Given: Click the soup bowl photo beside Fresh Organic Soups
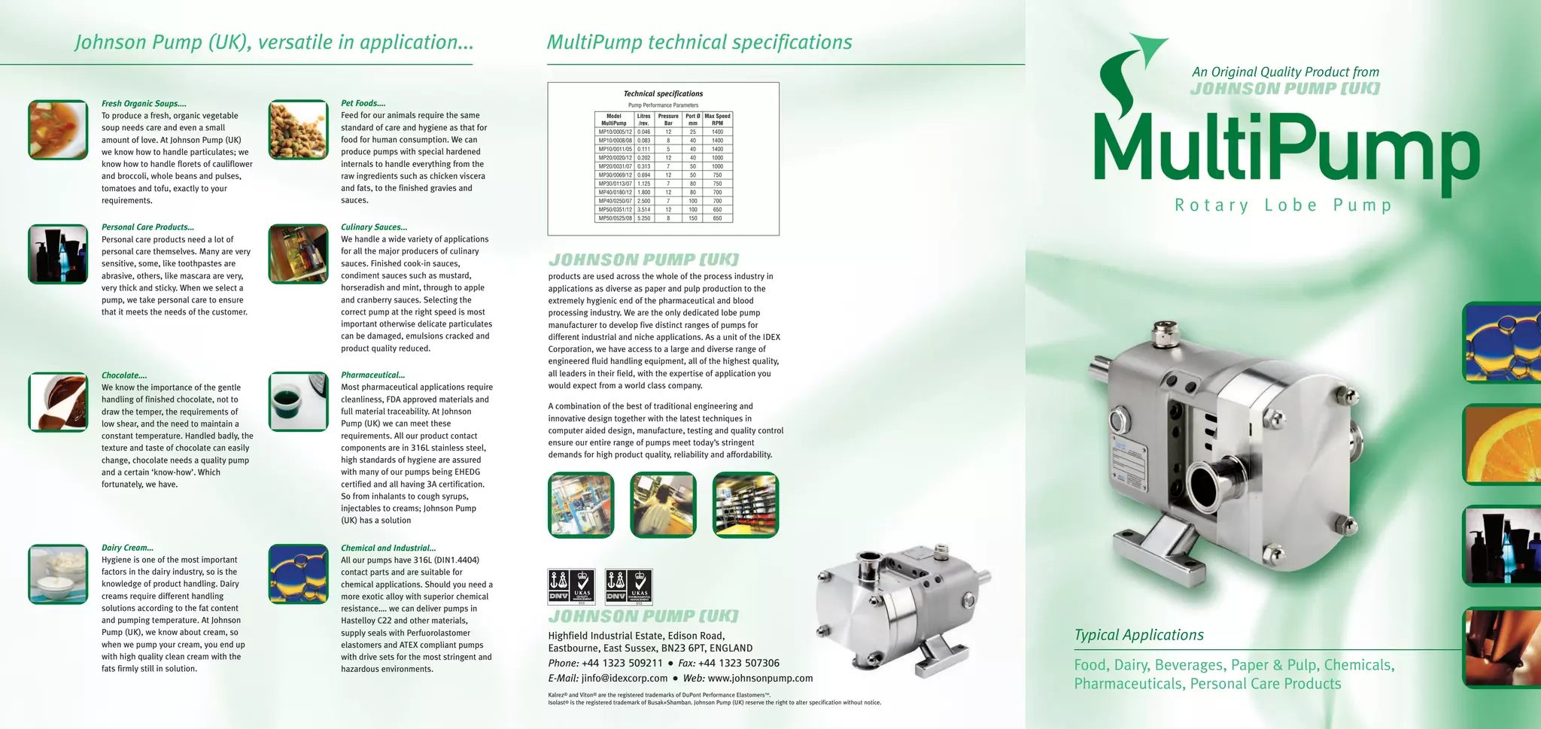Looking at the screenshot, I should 58,129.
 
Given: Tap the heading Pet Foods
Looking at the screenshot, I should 363,103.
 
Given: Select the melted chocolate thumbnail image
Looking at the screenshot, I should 58,402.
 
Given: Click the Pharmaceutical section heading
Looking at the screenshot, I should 372,375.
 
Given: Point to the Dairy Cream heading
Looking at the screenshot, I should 127,548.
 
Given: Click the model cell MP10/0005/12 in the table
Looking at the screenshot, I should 615,132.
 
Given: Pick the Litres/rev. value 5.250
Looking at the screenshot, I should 643,218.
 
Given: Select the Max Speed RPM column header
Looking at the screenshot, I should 717,120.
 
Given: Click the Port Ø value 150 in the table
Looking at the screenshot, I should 692,218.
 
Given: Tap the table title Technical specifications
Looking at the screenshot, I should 663,94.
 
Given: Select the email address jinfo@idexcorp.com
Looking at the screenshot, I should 624,678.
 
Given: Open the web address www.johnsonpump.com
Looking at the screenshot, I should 760,678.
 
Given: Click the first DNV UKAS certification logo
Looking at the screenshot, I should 571,587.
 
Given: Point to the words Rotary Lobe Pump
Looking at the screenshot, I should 1283,205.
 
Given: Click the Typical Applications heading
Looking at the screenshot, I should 1138,635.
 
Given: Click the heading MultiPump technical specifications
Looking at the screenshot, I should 699,42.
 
